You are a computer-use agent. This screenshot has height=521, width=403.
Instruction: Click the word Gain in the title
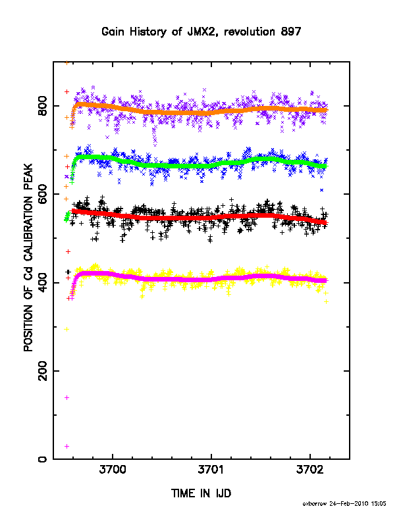[113, 32]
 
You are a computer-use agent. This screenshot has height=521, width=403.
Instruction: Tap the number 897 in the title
[291, 32]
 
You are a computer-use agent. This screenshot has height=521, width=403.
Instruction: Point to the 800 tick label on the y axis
[43, 106]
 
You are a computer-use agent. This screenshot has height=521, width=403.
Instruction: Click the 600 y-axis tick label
[43, 194]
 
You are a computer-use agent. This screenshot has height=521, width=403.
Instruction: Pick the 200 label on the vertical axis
[43, 371]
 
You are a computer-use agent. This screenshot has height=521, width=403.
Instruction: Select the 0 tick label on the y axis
[43, 459]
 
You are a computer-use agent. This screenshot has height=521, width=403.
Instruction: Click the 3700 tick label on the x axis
[113, 469]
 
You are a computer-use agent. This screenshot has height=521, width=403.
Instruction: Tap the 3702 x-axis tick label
[310, 469]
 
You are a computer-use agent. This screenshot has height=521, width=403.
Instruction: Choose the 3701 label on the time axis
[211, 469]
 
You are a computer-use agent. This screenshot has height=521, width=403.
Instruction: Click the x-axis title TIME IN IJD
[201, 493]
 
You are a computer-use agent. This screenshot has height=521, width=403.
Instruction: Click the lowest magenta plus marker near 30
[67, 446]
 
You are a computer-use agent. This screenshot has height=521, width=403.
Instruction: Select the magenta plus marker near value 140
[67, 398]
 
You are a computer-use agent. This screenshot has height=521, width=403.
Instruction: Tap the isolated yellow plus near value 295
[67, 330]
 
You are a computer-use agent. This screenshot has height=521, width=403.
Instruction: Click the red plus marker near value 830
[67, 91]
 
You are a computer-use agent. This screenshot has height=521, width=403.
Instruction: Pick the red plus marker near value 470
[68, 252]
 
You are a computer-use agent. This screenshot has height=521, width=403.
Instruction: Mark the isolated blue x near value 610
[321, 190]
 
